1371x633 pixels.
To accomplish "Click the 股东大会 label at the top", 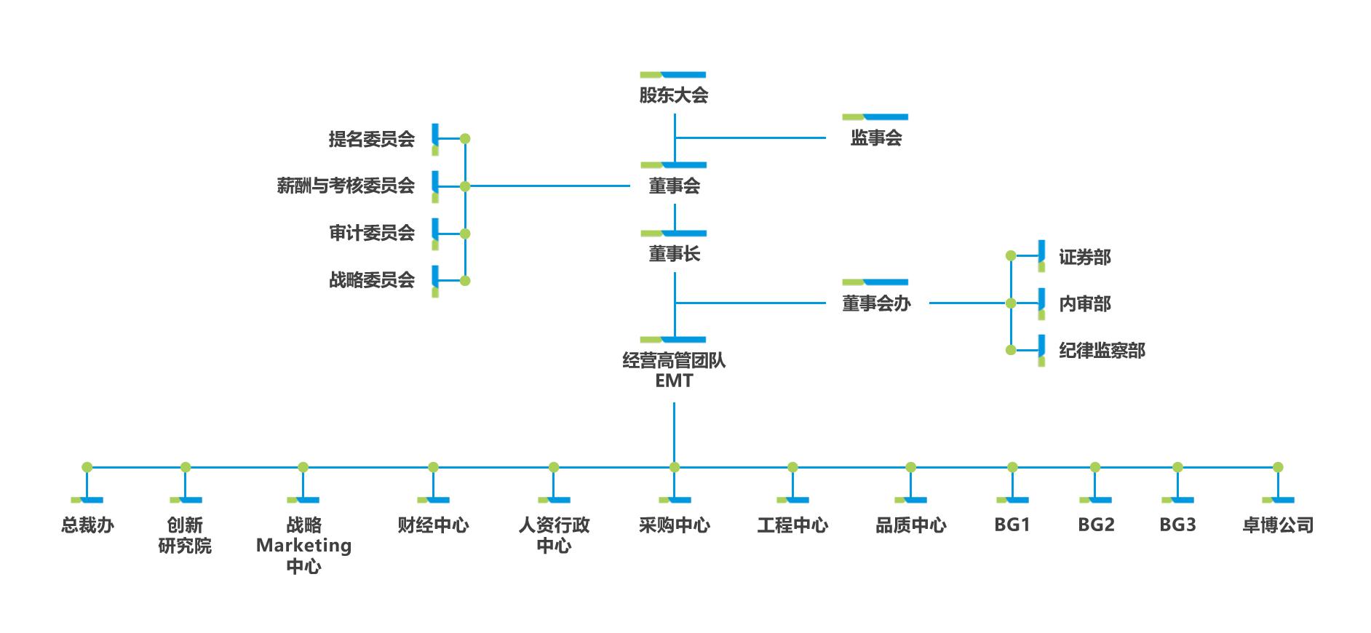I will click(674, 95).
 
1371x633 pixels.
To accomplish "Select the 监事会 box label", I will click(876, 138).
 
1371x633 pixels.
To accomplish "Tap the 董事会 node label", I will click(675, 186).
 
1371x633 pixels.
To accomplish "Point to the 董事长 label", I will click(675, 254).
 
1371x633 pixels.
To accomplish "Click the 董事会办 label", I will click(876, 303).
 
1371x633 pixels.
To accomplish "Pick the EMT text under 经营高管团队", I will click(674, 381).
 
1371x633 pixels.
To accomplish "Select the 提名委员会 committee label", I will click(371, 139).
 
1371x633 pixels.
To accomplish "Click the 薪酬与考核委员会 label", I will click(346, 186).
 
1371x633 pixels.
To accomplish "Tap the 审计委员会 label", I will click(371, 233).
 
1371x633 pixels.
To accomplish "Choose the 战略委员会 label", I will click(371, 280).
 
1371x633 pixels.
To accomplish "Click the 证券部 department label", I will click(1084, 257).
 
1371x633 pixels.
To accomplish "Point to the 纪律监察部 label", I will click(1102, 351).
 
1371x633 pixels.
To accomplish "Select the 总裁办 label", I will click(87, 525).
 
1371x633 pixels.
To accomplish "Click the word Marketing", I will click(303, 546).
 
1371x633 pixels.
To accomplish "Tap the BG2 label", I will click(1096, 525).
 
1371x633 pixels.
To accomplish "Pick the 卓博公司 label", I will click(1278, 525).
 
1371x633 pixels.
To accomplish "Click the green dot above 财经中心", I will click(433, 467).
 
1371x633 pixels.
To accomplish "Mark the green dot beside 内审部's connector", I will click(1011, 303).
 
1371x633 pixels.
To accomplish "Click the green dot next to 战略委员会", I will click(465, 281).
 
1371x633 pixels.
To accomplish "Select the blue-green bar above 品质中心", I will click(910, 500).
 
